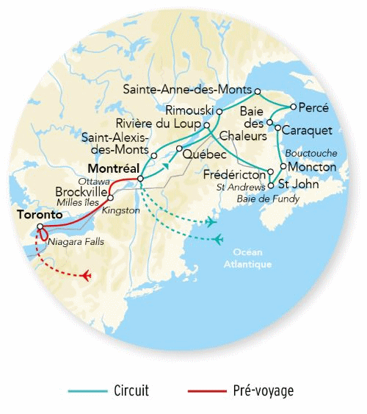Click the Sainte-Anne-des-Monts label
click(187, 90)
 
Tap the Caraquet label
click(308, 130)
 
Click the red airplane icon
click(87, 276)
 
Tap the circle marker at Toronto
click(40, 226)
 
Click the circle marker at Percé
click(293, 107)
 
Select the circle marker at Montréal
click(140, 179)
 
